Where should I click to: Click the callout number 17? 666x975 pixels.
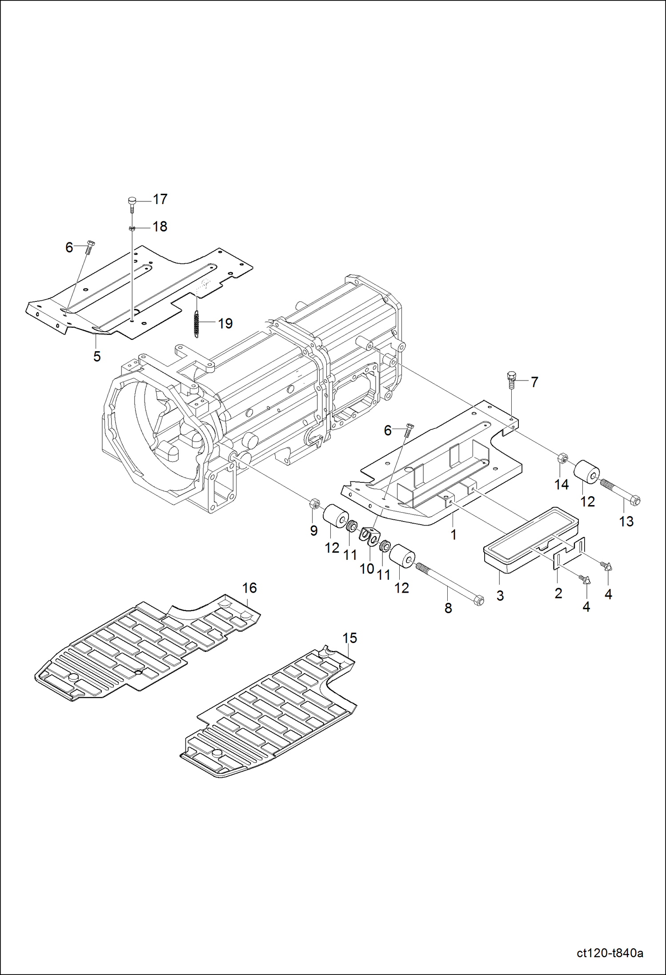160,199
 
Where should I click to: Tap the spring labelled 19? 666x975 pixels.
197,323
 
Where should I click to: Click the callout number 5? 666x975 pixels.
97,356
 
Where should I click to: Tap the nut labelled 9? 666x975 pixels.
314,504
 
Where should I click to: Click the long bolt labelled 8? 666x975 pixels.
449,583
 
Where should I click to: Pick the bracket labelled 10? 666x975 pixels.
370,536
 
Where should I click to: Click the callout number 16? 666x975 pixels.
249,588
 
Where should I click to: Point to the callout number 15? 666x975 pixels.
349,638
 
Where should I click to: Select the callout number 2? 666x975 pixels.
558,593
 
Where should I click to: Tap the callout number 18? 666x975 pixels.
160,226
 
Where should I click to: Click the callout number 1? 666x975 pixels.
453,534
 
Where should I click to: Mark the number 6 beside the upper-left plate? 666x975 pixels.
69,247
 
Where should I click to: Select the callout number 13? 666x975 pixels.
626,521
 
